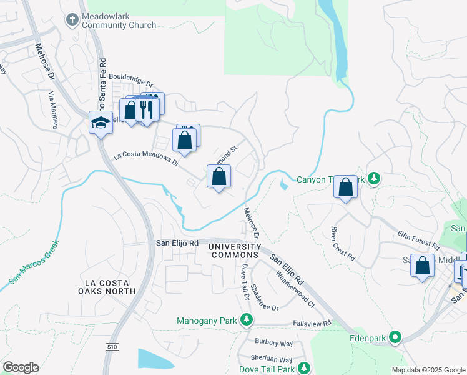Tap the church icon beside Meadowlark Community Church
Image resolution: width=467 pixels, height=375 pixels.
tap(72, 21)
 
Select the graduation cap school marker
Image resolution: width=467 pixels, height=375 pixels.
tap(100, 122)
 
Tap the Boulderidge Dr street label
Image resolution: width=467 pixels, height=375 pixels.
tap(130, 80)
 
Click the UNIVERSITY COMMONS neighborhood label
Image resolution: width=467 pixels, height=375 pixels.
tap(234, 251)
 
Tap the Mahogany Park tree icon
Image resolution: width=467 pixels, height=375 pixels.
tap(247, 321)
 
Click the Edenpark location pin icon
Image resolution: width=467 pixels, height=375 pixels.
tap(395, 338)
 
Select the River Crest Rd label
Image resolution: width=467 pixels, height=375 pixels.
tap(343, 244)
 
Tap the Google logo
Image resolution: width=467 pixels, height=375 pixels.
tap(21, 367)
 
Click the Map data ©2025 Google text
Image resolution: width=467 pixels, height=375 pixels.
tap(428, 370)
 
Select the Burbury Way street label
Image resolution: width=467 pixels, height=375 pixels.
tap(273, 343)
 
